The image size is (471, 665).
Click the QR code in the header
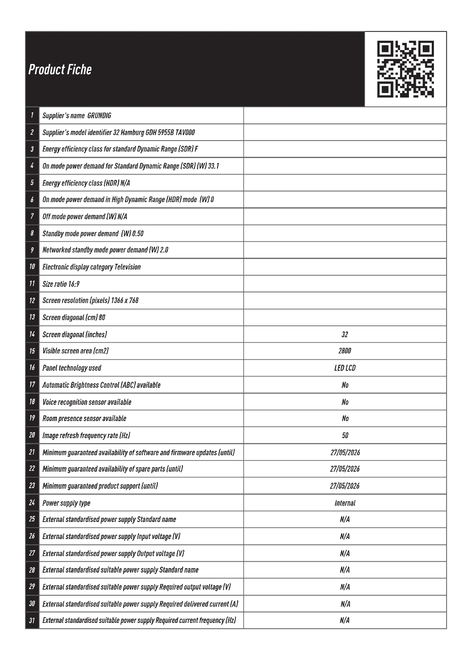[405, 69]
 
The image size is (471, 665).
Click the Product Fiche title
[60, 69]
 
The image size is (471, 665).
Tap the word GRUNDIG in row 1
[99, 115]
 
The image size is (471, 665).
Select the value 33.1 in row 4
[214, 166]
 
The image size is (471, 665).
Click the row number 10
[32, 266]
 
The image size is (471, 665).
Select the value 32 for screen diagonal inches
[345, 335]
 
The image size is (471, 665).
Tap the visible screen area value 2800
[345, 351]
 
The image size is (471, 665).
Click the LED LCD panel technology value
[345, 368]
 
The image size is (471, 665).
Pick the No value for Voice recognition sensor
[345, 402]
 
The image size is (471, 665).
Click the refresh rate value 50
[345, 435]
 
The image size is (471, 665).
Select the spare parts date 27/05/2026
[345, 469]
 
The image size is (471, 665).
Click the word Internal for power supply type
[345, 503]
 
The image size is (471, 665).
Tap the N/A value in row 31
[345, 620]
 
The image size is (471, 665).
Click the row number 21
[32, 452]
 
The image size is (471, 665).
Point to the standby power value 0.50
[138, 233]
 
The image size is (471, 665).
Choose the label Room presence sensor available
[84, 419]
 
